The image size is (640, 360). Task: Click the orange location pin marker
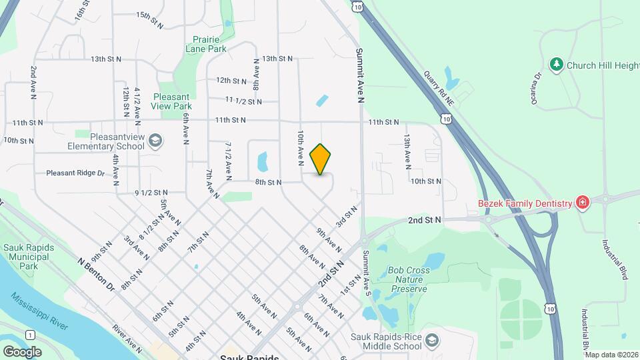(x=321, y=159)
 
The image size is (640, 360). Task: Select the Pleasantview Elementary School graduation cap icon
(x=155, y=140)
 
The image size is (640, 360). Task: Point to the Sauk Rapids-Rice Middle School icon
(x=431, y=341)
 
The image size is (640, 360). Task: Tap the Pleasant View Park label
(x=172, y=101)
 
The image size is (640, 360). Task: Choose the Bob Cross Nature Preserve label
(x=407, y=280)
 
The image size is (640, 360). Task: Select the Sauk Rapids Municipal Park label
(x=28, y=257)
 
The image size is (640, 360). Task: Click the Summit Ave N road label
(x=359, y=75)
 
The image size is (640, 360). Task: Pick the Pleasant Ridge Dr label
(x=75, y=173)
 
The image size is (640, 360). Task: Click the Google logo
(x=22, y=351)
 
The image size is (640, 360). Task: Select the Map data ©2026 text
(x=611, y=355)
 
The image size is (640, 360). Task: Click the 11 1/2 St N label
(x=243, y=101)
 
